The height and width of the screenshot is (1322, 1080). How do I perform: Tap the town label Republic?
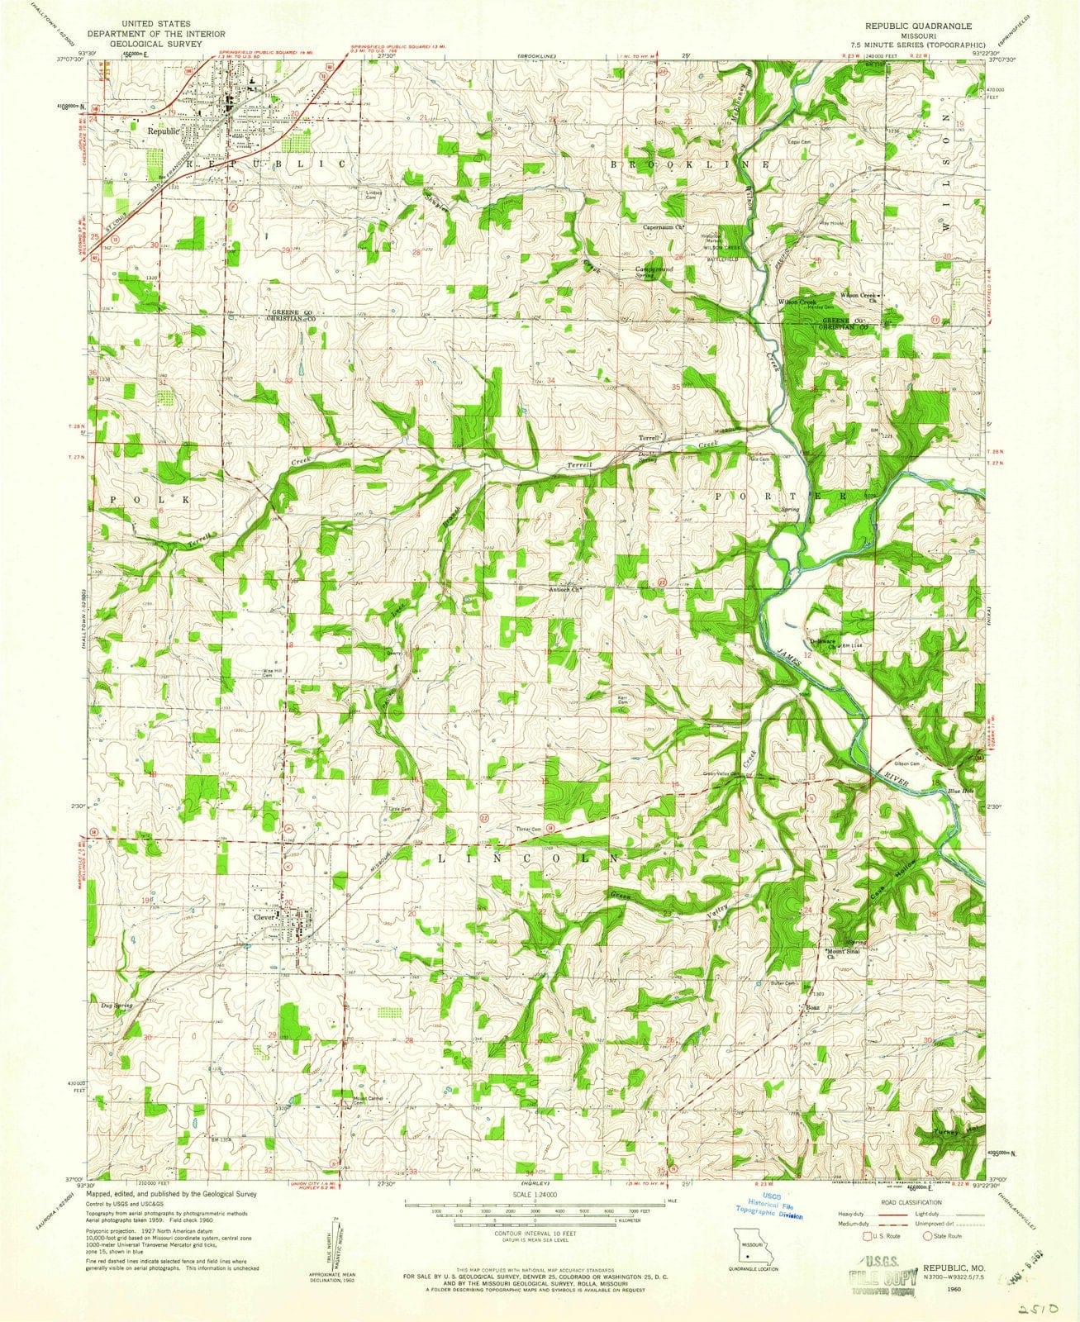click(163, 130)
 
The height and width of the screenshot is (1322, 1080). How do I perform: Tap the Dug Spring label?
click(117, 1006)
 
